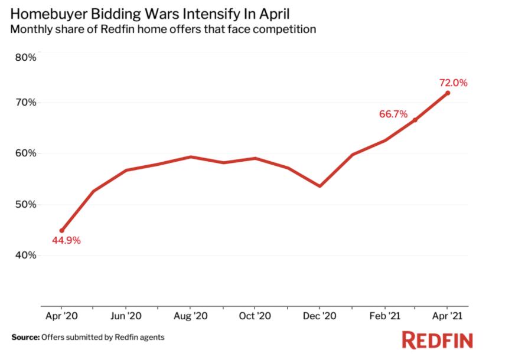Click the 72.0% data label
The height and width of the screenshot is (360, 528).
[453, 83]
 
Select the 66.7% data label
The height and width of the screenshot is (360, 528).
[393, 114]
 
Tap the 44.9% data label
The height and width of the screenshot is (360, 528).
[66, 240]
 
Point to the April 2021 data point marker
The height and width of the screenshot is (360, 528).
[448, 93]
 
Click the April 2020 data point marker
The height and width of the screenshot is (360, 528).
[61, 231]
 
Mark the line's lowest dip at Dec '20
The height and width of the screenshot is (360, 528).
[320, 186]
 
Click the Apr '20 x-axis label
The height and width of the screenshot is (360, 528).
[61, 316]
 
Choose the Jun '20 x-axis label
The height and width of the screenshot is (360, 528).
[126, 316]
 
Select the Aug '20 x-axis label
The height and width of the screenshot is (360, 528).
[190, 316]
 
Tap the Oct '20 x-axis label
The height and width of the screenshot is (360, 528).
[255, 316]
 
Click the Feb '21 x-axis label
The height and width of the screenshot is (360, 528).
[384, 316]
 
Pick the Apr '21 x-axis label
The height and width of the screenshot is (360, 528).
[448, 316]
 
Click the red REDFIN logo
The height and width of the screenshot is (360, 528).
[437, 340]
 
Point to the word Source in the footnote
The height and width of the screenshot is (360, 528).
[24, 338]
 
